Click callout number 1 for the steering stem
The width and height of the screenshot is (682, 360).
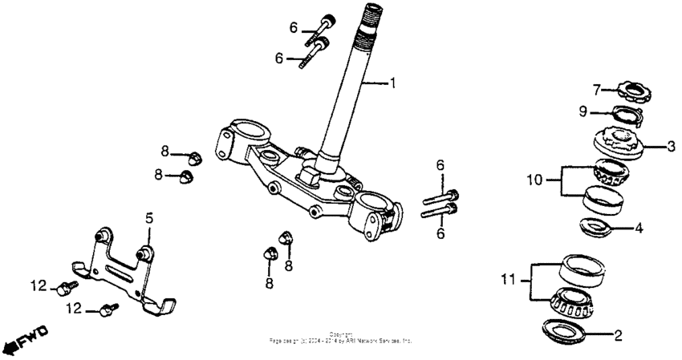(392, 83)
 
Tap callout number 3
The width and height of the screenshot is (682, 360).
(671, 146)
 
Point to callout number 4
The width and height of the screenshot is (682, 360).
(639, 228)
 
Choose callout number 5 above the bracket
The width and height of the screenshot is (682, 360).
(148, 217)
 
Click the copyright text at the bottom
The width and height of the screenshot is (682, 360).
(341, 338)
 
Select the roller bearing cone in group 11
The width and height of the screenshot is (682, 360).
(570, 302)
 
